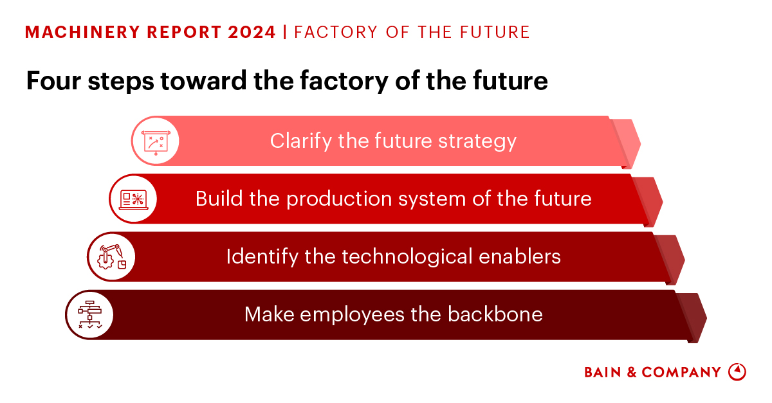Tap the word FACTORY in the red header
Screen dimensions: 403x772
(335, 32)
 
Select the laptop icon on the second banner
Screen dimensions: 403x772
(134, 199)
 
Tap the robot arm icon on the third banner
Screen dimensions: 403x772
(111, 256)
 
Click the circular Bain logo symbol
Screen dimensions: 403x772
(737, 372)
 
